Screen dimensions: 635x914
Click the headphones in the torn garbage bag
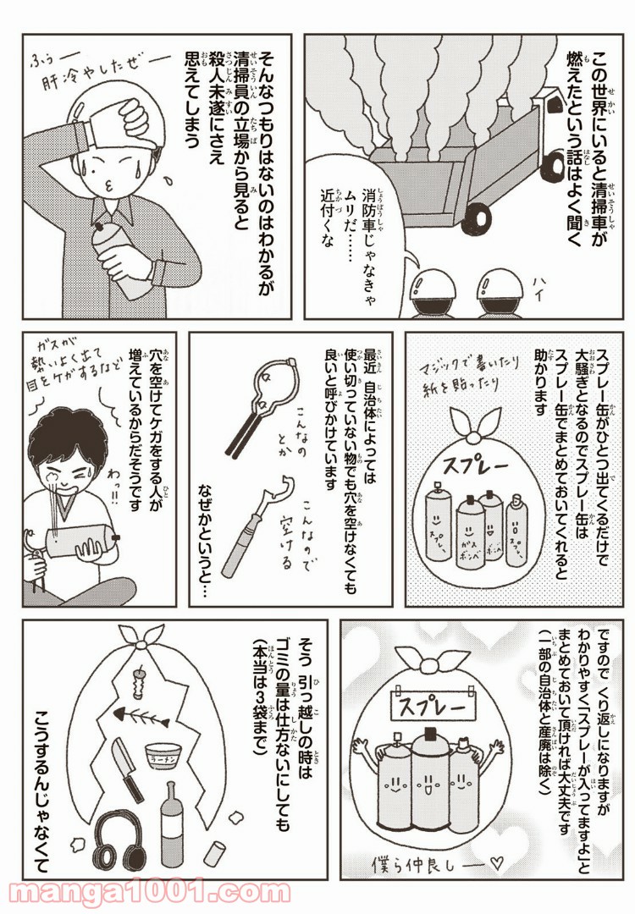(x=119, y=840)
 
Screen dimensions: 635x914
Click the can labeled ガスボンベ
(x=469, y=530)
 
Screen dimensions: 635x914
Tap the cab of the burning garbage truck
(x=550, y=134)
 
